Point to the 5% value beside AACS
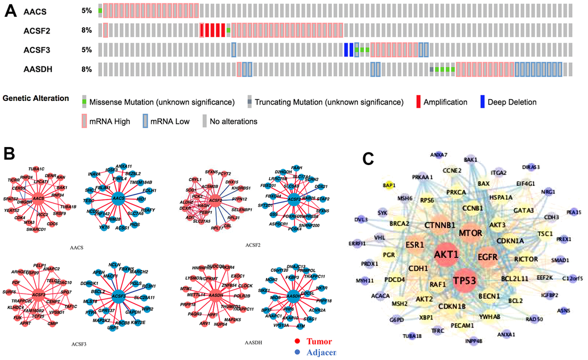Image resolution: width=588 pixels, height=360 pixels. point(86,11)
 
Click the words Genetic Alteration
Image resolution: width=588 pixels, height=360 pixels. point(36,99)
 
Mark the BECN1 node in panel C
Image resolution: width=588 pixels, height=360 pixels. point(489,296)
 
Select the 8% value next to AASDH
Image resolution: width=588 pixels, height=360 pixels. point(86,69)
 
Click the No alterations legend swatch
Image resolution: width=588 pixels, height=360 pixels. point(205,121)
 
